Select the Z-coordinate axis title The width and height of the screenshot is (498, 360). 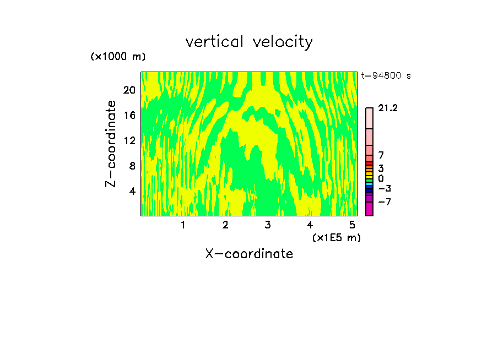point(111,144)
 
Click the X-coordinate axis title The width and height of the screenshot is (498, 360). point(249,254)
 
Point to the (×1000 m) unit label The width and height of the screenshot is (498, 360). point(118,57)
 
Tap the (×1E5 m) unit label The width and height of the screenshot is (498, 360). point(336,237)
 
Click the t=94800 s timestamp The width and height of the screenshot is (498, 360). point(386,76)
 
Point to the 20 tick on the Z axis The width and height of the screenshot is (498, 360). point(129,90)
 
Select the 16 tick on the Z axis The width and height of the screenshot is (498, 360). point(129,116)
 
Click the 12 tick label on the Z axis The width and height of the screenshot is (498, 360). point(129,141)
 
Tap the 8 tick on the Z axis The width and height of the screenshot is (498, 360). point(132,166)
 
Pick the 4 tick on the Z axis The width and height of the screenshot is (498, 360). point(132,192)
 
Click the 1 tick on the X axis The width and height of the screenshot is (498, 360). point(183,225)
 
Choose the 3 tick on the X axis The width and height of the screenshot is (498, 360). point(268,225)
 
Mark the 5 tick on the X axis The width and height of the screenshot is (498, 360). point(352,225)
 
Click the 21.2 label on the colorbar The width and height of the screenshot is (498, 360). point(388,108)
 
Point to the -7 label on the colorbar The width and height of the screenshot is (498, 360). point(385,202)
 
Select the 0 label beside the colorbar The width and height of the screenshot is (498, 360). point(381,178)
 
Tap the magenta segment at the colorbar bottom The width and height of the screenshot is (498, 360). point(369,209)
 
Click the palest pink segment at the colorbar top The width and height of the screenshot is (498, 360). point(369,118)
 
